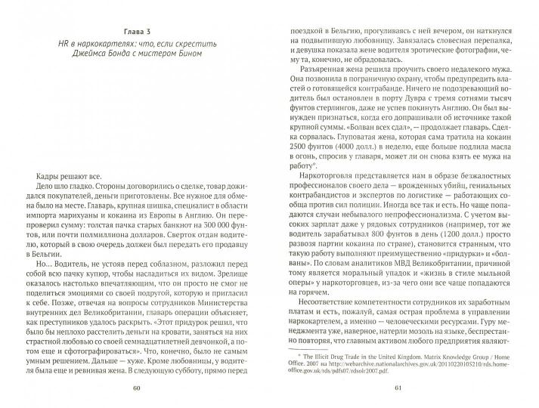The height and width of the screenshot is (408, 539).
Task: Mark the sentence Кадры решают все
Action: pyautogui.click(x=53, y=162)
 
